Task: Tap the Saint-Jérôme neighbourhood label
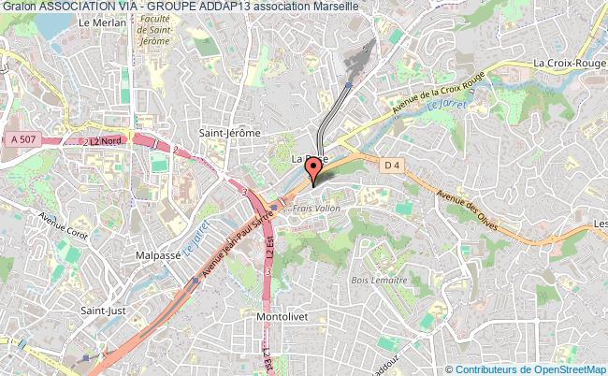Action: click(x=229, y=134)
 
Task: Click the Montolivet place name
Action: click(x=283, y=317)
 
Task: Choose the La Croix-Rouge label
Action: click(x=570, y=63)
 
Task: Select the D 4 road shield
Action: click(x=393, y=165)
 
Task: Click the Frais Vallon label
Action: click(x=315, y=208)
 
